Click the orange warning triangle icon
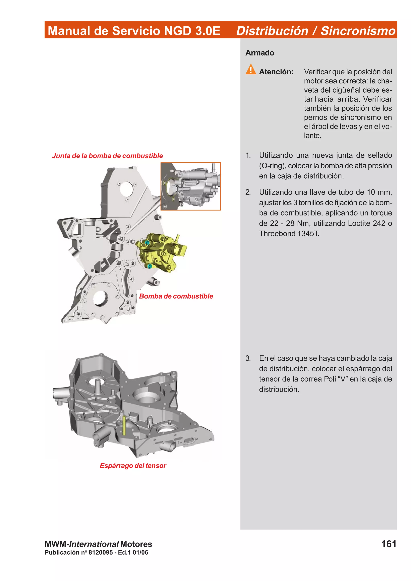coord(250,69)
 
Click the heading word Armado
coord(259,53)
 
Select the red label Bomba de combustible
coord(176,296)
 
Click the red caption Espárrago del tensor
coord(133,465)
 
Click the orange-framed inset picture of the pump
coord(191,186)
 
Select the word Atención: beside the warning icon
coord(276,72)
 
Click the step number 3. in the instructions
coord(248,358)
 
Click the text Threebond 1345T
coord(289,234)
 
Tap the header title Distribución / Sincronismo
coord(315,31)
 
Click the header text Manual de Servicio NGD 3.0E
coord(134,31)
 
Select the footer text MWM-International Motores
coord(98,544)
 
